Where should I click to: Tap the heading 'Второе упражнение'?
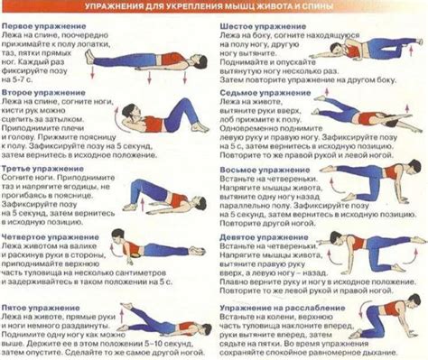pyautogui.click(x=36, y=91)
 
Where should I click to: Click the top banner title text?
pyautogui.click(x=214, y=8)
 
